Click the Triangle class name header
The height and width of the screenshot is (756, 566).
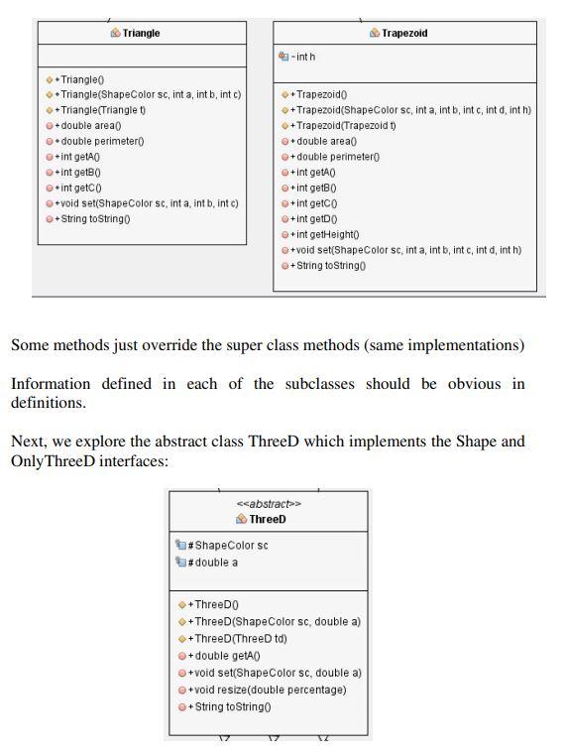[141, 33]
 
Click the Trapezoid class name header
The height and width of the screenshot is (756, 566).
[403, 33]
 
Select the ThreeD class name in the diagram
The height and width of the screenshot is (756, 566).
[267, 519]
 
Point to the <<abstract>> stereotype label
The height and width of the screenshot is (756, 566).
[268, 504]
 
